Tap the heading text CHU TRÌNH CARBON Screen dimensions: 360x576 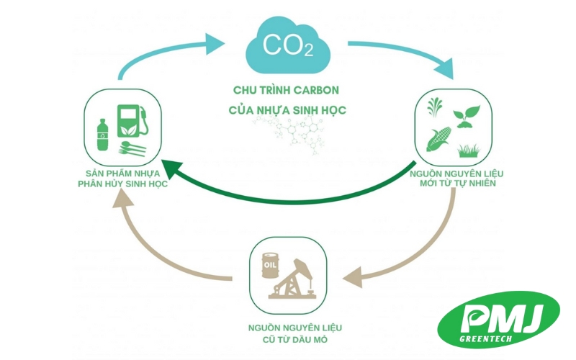pyautogui.click(x=286, y=91)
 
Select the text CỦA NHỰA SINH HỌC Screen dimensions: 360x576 pyautogui.click(x=287, y=110)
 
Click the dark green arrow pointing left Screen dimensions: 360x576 pyautogui.click(x=288, y=189)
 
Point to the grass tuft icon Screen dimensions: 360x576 pyautogui.click(x=469, y=149)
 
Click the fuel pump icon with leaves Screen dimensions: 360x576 pyautogui.click(x=134, y=119)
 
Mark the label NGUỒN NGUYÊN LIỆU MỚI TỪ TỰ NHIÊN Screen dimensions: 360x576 pyautogui.click(x=452, y=178)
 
